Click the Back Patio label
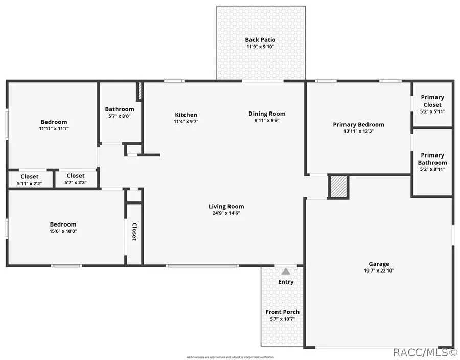coord(260,40)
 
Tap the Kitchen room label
coord(186,115)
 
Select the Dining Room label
coord(267,114)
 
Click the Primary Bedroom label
coord(358,124)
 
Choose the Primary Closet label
coord(432,101)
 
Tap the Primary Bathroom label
coord(432,159)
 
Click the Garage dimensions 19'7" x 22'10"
coord(379,271)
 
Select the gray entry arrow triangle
coord(286,272)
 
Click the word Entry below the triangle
coord(286,282)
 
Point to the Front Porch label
coord(283,312)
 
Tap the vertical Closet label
coord(134,232)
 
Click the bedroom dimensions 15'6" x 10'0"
coord(63,231)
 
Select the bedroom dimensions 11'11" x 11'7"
coord(54,129)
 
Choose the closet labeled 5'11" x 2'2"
coord(30,183)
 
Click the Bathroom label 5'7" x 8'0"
coord(120,116)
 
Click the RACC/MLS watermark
coord(425,352)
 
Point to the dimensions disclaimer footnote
coord(230,357)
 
